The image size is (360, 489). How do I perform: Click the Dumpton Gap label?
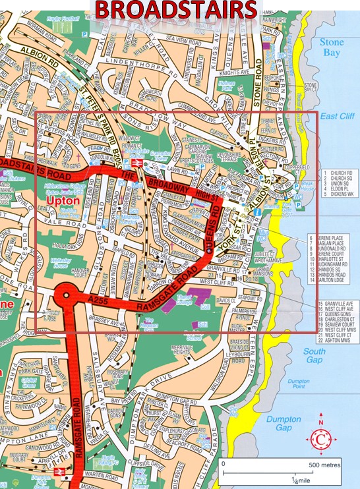pyautogui.click(x=284, y=424)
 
